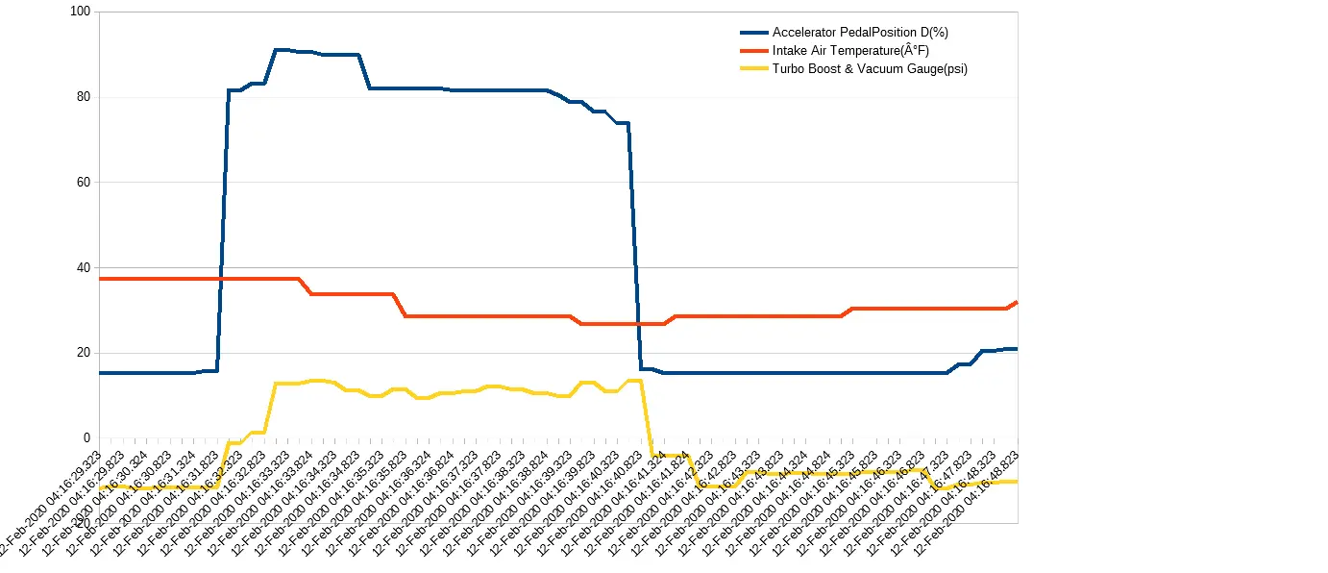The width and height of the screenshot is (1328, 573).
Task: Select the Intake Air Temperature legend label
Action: click(850, 51)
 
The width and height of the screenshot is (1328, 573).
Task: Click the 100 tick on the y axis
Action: click(80, 12)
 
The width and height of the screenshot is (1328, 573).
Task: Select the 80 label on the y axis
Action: click(83, 97)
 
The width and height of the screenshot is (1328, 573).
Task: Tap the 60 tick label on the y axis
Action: click(83, 182)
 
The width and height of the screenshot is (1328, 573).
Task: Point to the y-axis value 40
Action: click(83, 267)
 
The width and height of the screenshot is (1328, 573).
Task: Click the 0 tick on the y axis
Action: click(86, 438)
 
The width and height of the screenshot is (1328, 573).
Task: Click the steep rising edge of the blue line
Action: click(223, 231)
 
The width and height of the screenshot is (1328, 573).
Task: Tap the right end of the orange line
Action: click(1016, 302)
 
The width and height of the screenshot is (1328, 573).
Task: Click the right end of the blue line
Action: click(1016, 349)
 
